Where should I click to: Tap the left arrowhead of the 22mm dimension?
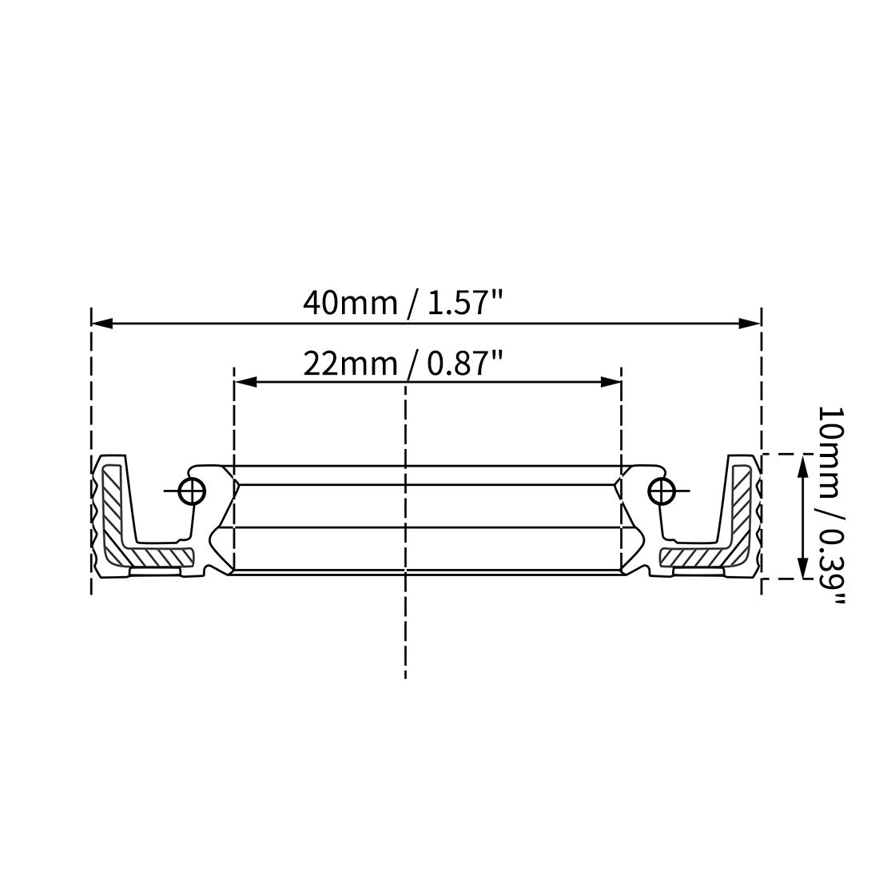(x=245, y=383)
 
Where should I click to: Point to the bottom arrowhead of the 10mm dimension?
(x=801, y=568)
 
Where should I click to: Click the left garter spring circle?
(x=193, y=491)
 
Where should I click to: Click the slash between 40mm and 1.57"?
(x=412, y=304)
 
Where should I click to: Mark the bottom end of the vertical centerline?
(x=405, y=678)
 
